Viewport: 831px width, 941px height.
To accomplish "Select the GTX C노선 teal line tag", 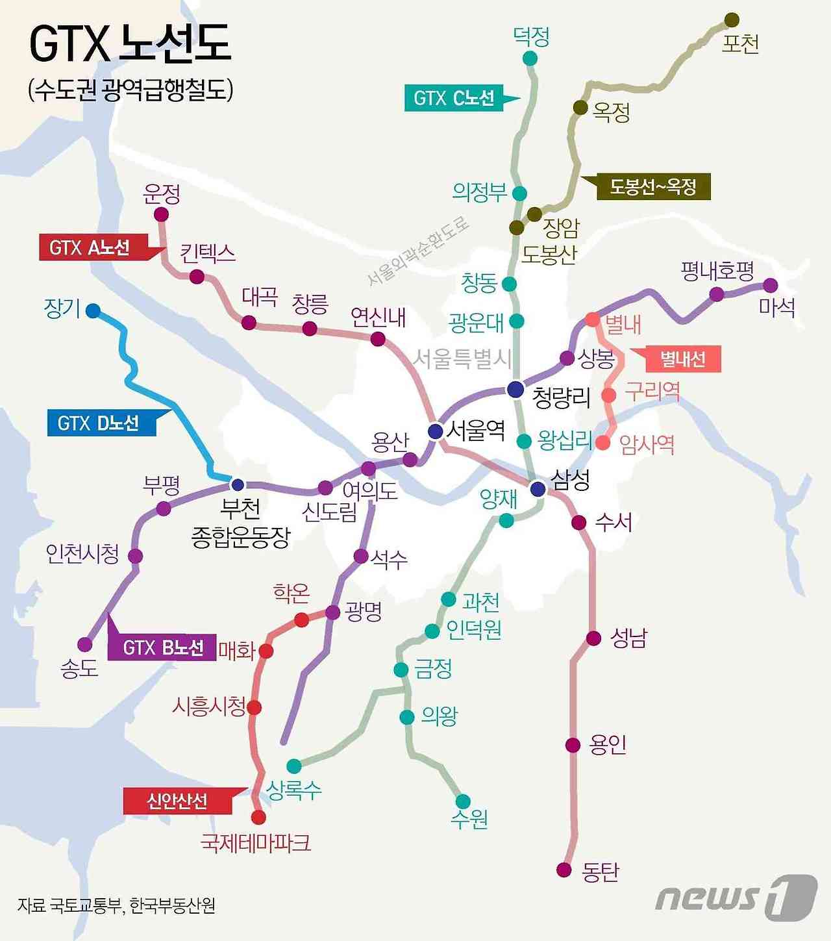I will [454, 98].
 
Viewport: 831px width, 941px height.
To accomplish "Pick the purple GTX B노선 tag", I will [162, 647].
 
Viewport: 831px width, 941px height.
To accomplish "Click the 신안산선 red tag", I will [177, 801].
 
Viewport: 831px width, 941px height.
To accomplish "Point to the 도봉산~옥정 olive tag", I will [653, 187].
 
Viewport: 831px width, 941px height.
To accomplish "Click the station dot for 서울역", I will [436, 431].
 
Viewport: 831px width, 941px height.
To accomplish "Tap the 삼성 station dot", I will [538, 489].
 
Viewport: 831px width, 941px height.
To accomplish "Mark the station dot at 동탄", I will [564, 870].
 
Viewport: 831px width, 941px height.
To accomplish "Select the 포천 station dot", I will [732, 19].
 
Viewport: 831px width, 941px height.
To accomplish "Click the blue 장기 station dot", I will [93, 310].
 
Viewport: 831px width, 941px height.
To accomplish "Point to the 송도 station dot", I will [85, 644].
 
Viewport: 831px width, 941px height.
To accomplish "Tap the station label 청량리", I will [561, 397].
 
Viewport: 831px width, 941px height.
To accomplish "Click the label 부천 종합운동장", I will [240, 523].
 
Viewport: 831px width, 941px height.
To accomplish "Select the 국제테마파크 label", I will [256, 843].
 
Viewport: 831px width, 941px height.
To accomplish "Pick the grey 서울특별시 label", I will [462, 358].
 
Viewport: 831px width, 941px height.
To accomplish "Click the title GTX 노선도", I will [130, 44].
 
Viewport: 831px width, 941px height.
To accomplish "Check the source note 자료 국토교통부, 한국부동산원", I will [116, 905].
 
